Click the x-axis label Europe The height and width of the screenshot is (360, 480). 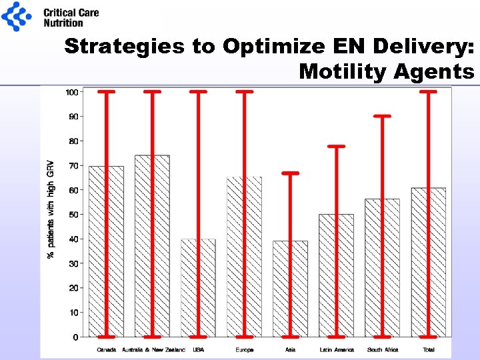point(244,349)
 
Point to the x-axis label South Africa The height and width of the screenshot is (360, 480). point(382,349)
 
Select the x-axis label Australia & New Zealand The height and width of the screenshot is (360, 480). point(152,349)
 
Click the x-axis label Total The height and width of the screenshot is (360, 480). point(428,349)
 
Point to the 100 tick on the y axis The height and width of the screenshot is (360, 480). point(71,91)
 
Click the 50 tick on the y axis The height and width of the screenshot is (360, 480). point(73,215)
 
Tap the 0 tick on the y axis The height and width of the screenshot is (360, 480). point(75,337)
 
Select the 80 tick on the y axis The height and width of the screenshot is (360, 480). point(73,141)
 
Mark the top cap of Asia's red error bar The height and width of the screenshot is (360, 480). point(290,173)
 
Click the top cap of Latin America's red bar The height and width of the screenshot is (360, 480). point(336,146)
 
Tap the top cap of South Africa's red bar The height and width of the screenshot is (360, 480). point(382,116)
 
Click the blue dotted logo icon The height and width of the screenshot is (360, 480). point(16,16)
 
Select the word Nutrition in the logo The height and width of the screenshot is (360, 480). point(63,23)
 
